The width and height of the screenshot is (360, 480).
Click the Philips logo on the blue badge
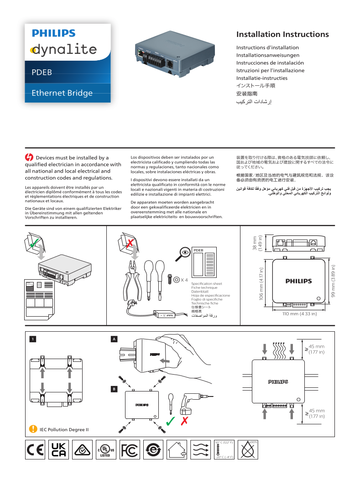tap(53, 33)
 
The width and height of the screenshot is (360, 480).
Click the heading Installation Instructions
tap(282, 35)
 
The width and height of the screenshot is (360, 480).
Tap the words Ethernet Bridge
tap(62, 93)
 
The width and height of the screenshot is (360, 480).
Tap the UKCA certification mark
tap(59, 450)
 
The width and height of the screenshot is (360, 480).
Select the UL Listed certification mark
tap(105, 450)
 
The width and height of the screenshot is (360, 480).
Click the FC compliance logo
tap(130, 450)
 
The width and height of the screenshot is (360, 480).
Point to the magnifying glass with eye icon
tap(184, 252)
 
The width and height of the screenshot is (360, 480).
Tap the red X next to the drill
tap(185, 421)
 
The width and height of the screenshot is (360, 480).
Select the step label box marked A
tap(115, 339)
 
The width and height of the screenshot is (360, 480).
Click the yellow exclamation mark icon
tap(33, 429)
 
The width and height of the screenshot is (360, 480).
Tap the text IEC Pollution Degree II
tap(64, 429)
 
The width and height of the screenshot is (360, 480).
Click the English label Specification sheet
tap(206, 284)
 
